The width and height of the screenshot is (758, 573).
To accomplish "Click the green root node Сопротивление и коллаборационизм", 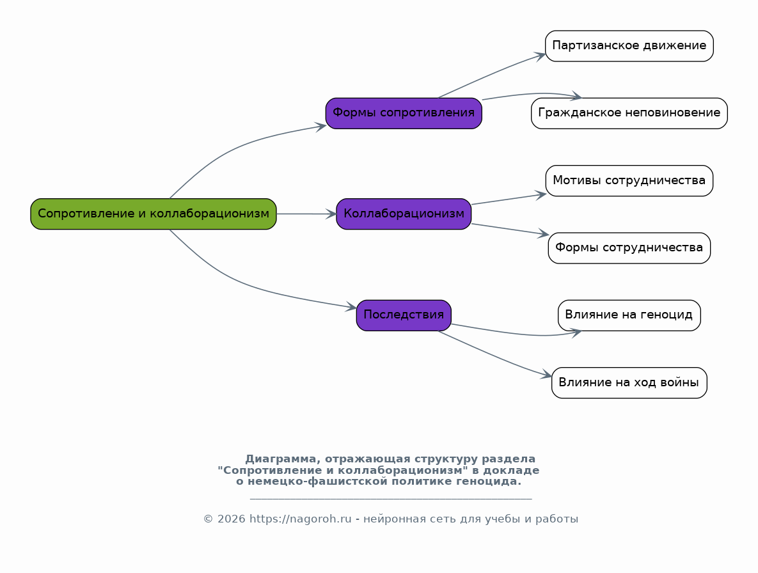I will coord(154,214).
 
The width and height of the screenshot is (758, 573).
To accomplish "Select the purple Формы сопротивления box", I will coord(404,113).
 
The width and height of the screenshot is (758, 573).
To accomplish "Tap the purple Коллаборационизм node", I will coord(404,214).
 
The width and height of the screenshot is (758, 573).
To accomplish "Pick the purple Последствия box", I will coord(404,315).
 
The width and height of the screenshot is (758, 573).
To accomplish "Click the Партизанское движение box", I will coord(629,46).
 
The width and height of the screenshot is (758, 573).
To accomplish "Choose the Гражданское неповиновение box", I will coord(629,113).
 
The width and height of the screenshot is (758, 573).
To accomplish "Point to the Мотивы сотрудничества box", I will coord(629,180).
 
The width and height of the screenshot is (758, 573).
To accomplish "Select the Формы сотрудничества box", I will coord(629,247).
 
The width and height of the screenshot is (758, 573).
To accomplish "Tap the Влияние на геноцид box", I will coord(629,315).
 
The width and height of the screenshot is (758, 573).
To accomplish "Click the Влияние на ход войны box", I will coord(629,382).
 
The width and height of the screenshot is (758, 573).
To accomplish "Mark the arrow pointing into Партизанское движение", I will coord(493,74).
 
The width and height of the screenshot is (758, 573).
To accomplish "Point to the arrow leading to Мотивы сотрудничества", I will coord(509,199).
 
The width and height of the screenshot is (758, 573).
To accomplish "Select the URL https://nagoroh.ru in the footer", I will coord(300,519).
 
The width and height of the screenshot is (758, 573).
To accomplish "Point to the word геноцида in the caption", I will coord(493,482).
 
